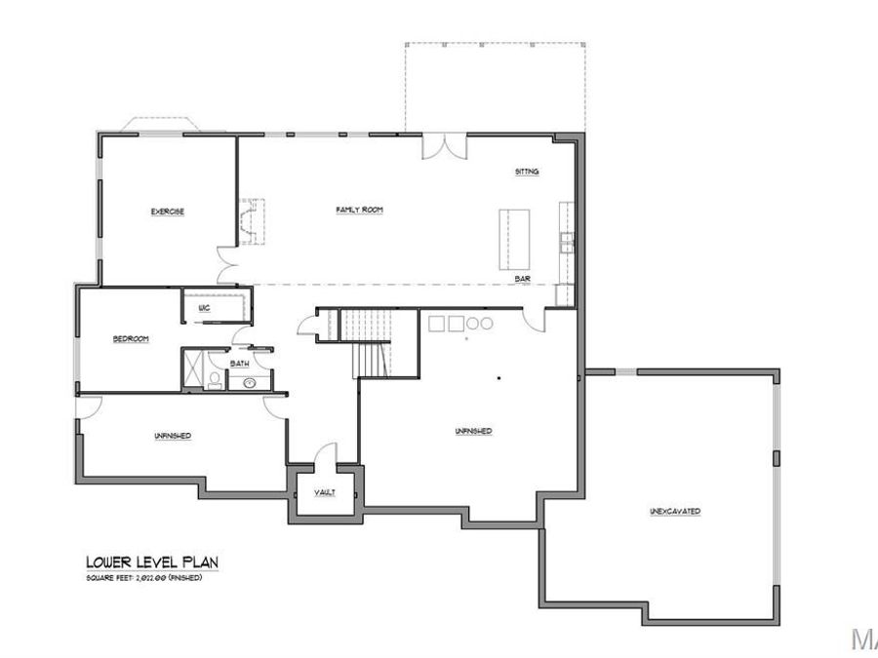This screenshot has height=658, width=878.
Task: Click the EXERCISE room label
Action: [x=168, y=212]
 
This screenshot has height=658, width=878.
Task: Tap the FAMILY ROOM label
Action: [x=359, y=210]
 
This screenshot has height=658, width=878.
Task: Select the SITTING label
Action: [x=527, y=172]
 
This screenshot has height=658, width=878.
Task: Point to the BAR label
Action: [x=523, y=279]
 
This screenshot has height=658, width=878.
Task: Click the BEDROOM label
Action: [x=130, y=338]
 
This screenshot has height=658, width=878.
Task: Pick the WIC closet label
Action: [x=204, y=308]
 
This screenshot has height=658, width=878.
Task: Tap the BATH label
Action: [x=239, y=364]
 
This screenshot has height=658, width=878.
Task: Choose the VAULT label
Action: [x=325, y=492]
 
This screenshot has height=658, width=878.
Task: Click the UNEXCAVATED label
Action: [x=675, y=511]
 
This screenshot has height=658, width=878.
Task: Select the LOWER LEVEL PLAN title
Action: [x=151, y=561]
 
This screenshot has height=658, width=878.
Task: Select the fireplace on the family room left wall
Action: [x=252, y=221]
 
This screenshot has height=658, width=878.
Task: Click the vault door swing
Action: [x=326, y=457]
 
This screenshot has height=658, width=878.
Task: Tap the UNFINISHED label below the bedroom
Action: [x=172, y=436]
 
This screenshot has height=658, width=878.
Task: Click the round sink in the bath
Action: [x=250, y=382]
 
